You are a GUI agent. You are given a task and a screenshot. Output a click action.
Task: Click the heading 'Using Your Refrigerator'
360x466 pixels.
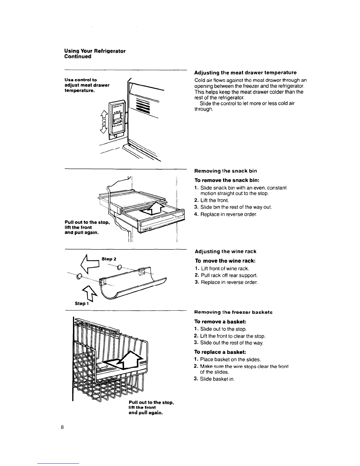[95, 51]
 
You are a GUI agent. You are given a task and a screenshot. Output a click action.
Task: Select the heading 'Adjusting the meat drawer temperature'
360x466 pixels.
[245, 73]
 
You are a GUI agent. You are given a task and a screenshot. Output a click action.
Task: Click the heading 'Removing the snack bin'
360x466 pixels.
[226, 171]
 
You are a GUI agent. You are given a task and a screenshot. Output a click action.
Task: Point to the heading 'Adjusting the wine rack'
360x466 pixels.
[225, 252]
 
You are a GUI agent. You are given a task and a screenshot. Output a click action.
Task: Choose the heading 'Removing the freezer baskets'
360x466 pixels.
[233, 312]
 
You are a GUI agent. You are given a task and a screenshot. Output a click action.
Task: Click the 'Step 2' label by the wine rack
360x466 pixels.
[109, 259]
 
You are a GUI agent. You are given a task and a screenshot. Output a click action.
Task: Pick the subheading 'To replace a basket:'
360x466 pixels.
[220, 352]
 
